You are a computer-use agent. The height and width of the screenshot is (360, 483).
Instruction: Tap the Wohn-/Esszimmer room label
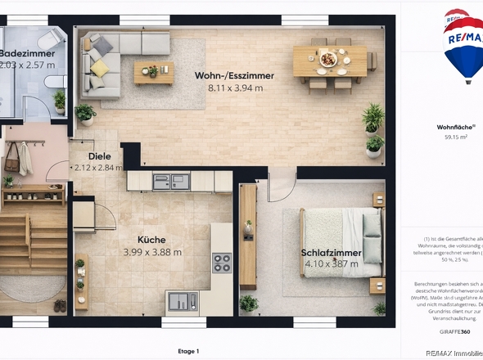click(234, 75)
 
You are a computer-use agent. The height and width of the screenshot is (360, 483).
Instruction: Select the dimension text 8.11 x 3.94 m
click(234, 88)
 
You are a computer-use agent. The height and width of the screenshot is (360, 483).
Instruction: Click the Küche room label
click(151, 240)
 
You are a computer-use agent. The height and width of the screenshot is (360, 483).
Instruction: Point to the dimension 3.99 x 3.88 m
click(152, 252)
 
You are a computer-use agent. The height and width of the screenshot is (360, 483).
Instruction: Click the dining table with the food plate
click(329, 60)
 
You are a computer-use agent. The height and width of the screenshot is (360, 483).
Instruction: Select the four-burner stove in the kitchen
click(222, 263)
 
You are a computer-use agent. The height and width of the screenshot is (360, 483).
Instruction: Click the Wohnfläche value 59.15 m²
click(456, 137)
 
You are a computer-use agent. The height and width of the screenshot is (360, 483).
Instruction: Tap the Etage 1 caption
click(187, 351)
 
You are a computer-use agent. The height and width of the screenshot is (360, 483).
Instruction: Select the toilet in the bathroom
click(55, 80)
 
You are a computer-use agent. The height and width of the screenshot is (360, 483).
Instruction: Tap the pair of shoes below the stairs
click(60, 306)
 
